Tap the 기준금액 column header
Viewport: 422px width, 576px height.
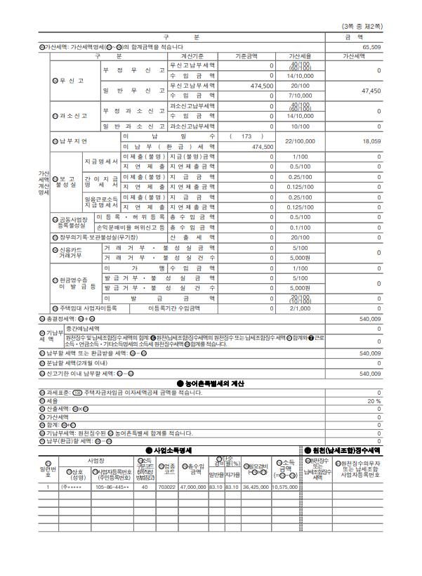(x=246, y=55)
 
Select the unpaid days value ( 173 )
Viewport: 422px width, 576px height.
(x=246, y=136)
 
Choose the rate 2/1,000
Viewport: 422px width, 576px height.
(x=301, y=308)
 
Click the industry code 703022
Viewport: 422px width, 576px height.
(x=167, y=486)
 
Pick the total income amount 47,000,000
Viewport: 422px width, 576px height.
(x=192, y=486)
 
